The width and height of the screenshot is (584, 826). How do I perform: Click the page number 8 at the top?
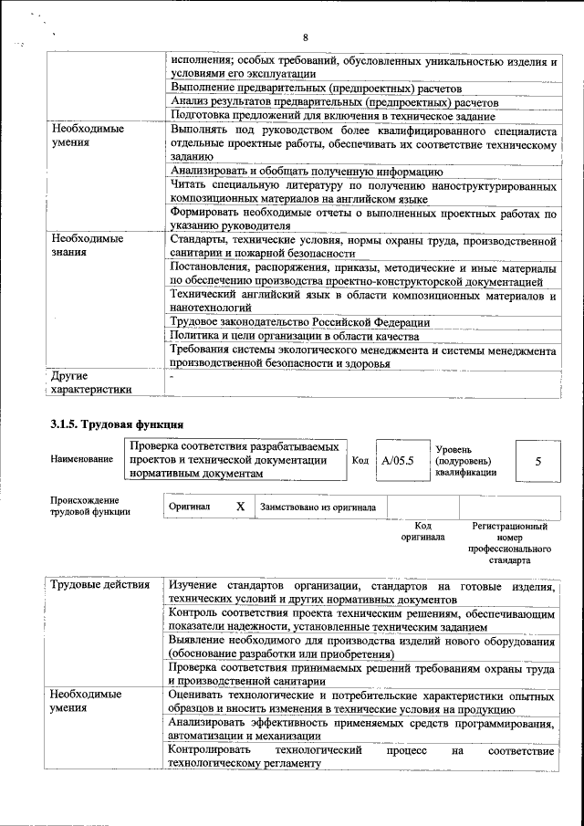coord(306,37)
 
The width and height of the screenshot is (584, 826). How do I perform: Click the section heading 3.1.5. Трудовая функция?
coord(118,423)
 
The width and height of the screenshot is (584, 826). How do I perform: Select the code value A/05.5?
coord(398,461)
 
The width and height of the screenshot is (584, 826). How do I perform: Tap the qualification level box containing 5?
coord(537,462)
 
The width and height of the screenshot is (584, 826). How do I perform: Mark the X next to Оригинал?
coord(241,506)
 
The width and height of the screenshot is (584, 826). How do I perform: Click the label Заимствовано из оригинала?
coord(318,507)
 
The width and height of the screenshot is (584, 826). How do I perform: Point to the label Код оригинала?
coord(422,531)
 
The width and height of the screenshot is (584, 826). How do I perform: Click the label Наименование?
coord(82,460)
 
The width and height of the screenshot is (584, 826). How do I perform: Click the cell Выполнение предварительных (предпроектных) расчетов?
coord(316,89)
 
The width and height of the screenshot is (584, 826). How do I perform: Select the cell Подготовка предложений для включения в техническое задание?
coord(332,116)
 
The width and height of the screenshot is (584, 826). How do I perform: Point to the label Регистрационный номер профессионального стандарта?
coord(509,544)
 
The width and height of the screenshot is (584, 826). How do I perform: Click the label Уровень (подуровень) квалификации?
coord(465,461)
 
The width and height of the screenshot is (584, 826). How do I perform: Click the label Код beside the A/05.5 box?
coord(360,461)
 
